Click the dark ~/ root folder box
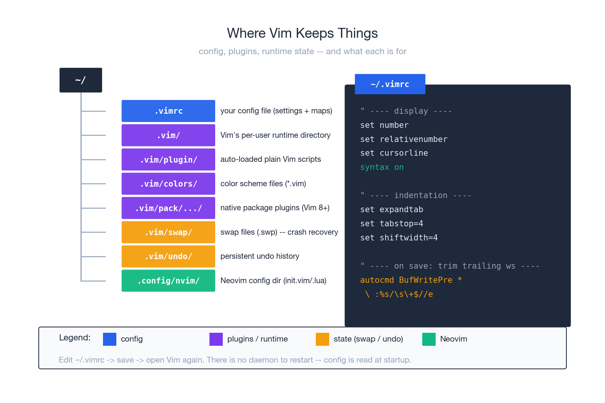point(80,80)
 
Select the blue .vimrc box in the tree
point(168,111)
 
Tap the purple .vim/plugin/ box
point(168,160)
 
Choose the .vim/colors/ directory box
point(168,184)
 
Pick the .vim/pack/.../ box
point(168,208)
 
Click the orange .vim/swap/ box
point(168,232)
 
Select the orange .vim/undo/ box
point(168,256)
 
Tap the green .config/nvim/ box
point(168,280)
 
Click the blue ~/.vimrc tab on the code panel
point(390,84)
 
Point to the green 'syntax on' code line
point(382,167)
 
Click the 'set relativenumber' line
point(404,139)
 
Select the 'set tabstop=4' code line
point(391,224)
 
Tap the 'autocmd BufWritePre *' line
point(411,280)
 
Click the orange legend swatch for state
point(322,339)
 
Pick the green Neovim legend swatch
point(429,339)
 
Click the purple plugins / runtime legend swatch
point(216,339)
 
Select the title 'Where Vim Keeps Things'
point(302,33)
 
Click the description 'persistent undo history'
point(260,256)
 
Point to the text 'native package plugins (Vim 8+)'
point(275,208)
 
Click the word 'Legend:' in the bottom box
point(75,338)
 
